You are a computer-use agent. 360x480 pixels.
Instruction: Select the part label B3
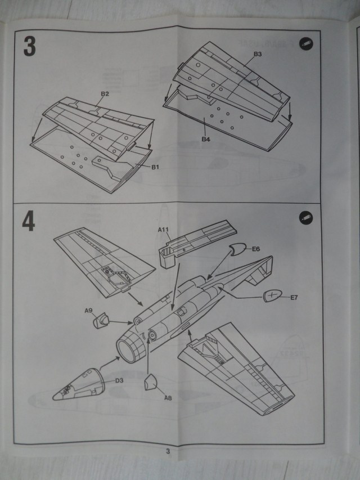[x=258, y=54]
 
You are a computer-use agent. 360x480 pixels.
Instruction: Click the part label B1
[x=156, y=167]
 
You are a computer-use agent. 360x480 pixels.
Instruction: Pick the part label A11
[x=163, y=229]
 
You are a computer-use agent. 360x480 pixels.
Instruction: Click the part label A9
[x=88, y=310]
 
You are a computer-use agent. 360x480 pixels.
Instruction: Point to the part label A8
[x=168, y=398]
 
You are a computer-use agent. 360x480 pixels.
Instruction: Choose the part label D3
[x=119, y=380]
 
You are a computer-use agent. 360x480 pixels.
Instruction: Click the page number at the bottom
[x=168, y=450]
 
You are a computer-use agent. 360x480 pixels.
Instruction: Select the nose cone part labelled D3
[x=76, y=384]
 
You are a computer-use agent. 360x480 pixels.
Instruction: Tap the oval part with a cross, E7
[x=272, y=295]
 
